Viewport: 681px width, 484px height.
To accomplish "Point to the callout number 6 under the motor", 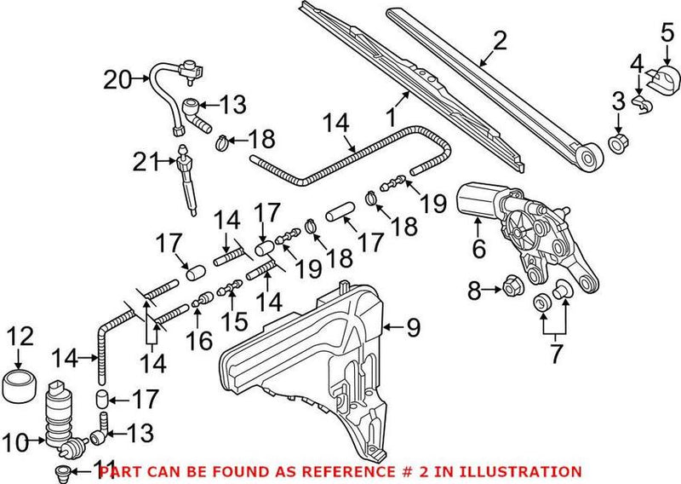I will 478,249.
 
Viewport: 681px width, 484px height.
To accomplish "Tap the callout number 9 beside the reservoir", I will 412,325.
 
